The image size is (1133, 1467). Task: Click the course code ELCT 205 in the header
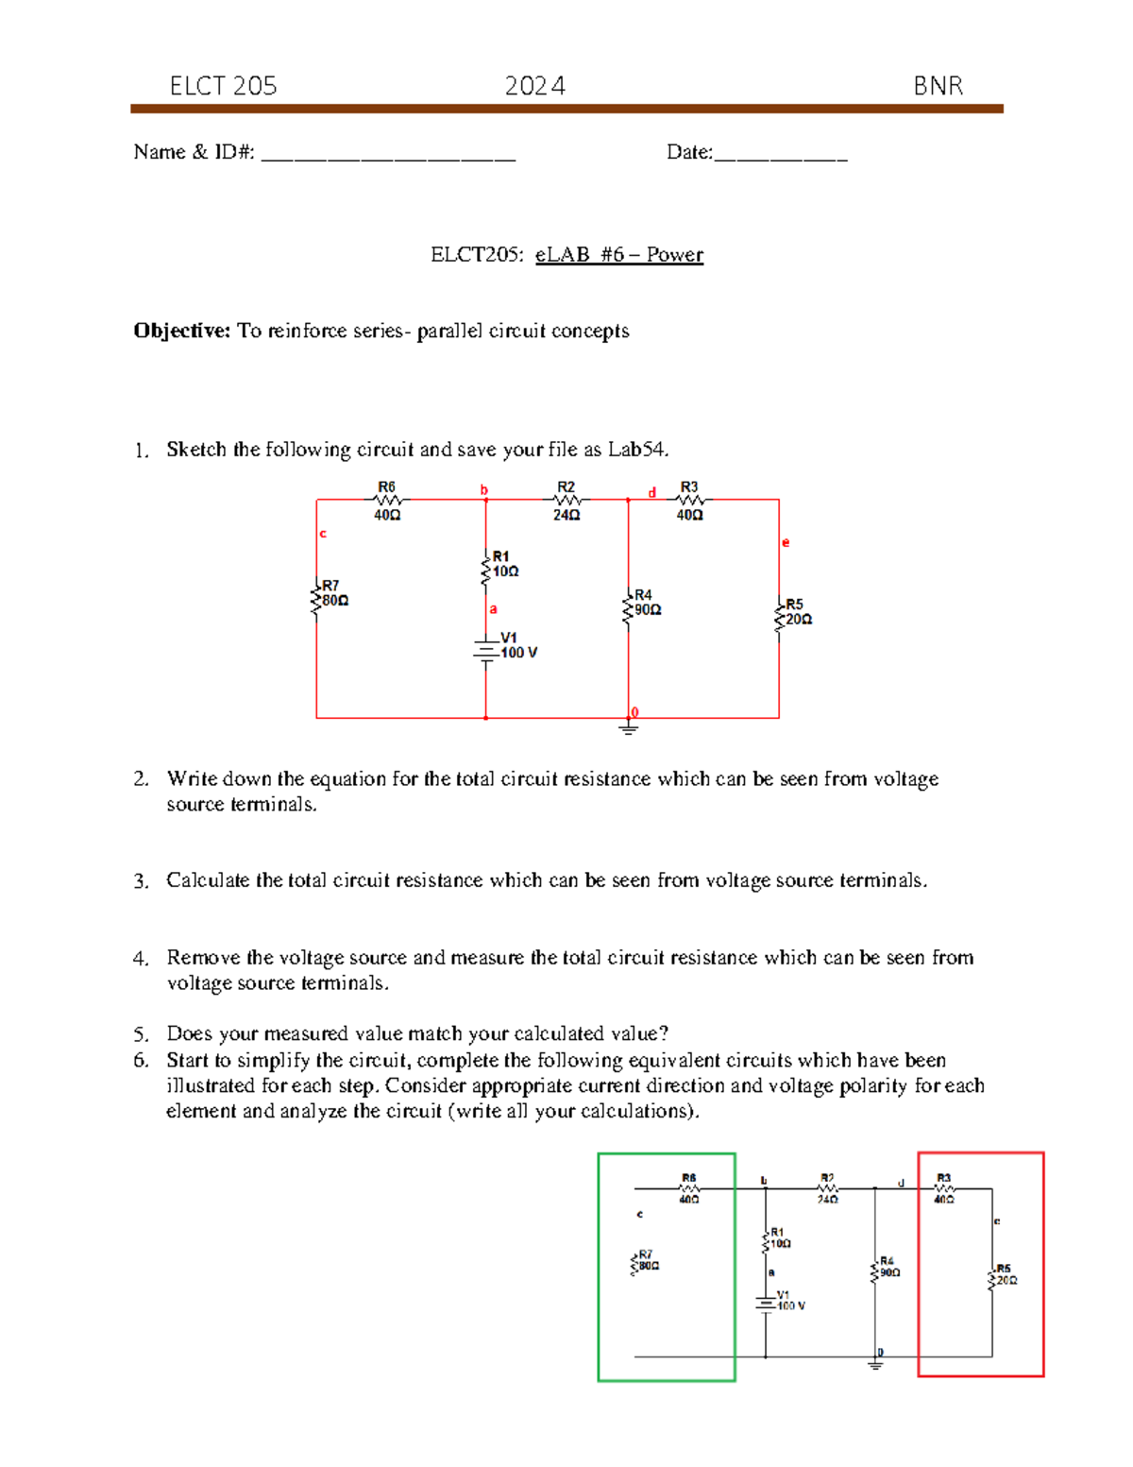223,86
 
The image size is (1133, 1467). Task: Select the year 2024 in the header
534,86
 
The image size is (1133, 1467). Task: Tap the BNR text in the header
938,86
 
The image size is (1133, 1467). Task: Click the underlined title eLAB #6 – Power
618,255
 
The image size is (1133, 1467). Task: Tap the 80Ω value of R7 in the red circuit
335,601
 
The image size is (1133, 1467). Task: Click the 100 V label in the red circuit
518,653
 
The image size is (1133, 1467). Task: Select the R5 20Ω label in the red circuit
796,612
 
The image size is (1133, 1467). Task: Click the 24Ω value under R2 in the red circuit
566,516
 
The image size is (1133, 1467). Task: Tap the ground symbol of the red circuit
628,728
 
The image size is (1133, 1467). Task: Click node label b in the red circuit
484,489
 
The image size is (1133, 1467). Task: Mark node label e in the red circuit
785,542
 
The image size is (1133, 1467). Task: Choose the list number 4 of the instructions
141,959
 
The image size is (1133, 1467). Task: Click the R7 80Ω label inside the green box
646,1260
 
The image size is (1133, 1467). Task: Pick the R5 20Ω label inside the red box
1005,1275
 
